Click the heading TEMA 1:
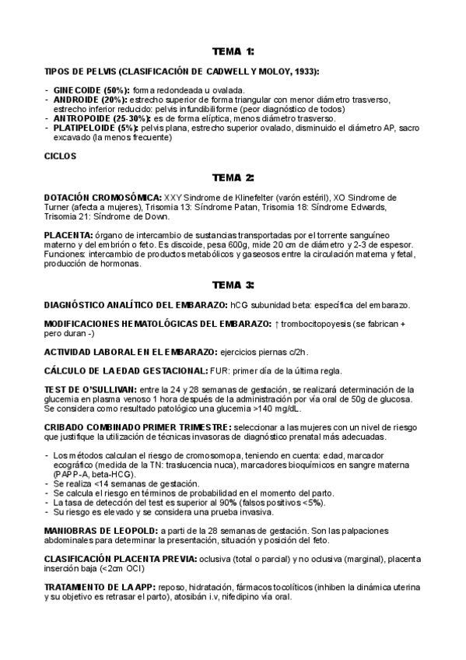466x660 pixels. click(x=233, y=51)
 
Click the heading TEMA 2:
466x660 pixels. click(x=233, y=177)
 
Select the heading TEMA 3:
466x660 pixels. click(x=233, y=284)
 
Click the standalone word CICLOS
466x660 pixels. click(x=61, y=156)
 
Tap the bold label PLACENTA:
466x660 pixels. click(x=68, y=235)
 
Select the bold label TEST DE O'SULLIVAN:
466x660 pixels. click(x=90, y=389)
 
